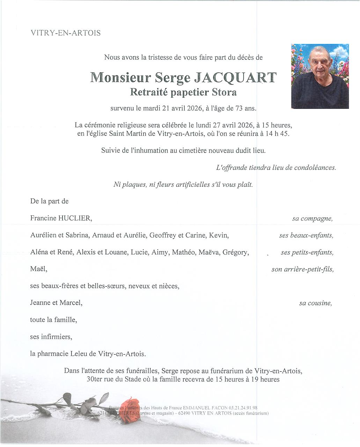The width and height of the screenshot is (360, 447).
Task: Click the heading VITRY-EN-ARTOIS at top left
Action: pyautogui.click(x=66, y=33)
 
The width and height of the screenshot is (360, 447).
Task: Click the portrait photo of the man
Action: pyautogui.click(x=320, y=76)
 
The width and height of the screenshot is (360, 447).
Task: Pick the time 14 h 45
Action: pyautogui.click(x=277, y=134)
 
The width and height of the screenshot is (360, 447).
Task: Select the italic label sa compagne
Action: pyautogui.click(x=312, y=219)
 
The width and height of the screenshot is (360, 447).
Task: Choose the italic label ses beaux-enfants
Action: pyautogui.click(x=306, y=235)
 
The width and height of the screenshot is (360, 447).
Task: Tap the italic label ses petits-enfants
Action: pyautogui.click(x=307, y=252)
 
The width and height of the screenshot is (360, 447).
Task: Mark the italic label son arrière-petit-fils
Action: pyautogui.click(x=302, y=269)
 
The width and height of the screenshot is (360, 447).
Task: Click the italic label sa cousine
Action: pyautogui.click(x=315, y=303)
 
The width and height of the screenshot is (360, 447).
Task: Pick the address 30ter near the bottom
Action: pyautogui.click(x=94, y=379)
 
